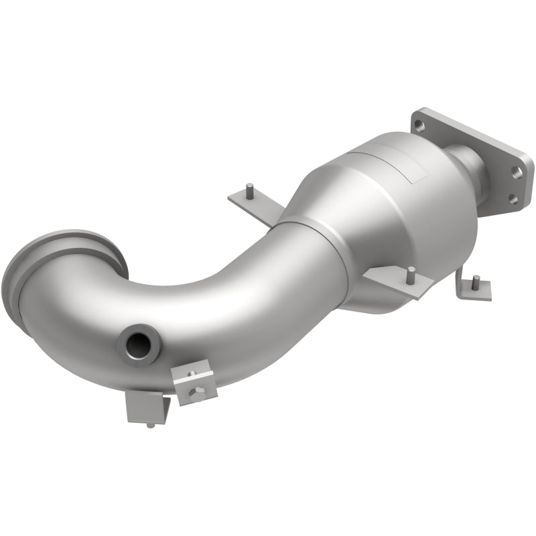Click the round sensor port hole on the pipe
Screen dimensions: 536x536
point(139,342)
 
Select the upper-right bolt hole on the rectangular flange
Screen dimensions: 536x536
point(517,172)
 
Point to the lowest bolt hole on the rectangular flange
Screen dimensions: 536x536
point(512,198)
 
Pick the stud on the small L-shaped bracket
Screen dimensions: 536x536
point(475,279)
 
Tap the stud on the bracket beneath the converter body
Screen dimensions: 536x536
point(411,273)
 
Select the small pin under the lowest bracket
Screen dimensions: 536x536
point(150,424)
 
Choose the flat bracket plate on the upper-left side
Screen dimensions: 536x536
point(255,204)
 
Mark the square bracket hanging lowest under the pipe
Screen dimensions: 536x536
point(145,406)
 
